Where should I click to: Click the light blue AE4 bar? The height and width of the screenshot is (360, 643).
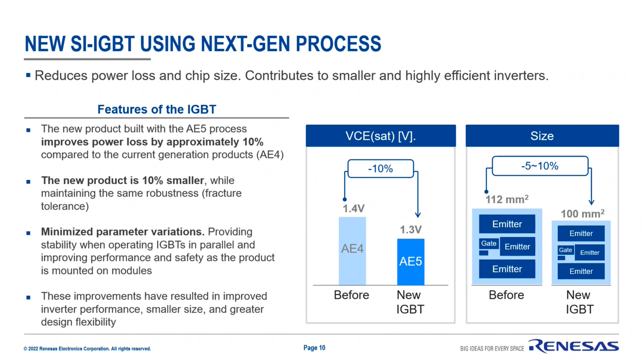pos(352,251)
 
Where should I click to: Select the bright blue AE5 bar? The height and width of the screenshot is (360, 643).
pos(411,262)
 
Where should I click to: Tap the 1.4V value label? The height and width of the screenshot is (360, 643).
pos(354,209)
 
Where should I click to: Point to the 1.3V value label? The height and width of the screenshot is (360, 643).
pos(411,230)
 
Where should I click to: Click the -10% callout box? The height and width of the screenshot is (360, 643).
pos(381,169)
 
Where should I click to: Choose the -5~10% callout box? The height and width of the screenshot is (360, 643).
pos(540,166)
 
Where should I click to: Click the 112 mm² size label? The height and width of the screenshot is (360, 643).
pos(507,199)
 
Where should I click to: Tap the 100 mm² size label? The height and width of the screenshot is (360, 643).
pos(583,213)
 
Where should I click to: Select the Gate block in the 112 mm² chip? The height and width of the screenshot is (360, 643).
pos(489,244)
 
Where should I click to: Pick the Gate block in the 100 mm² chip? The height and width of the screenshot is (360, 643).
pos(566,250)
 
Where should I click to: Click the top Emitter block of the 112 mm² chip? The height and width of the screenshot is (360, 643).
pos(507,224)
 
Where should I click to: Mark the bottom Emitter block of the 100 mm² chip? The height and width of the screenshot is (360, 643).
pos(581,271)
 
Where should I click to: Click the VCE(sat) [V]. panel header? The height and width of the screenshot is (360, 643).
pos(381,136)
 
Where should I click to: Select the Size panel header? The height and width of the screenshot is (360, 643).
pos(542,136)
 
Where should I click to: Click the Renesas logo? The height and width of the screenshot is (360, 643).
pos(574,346)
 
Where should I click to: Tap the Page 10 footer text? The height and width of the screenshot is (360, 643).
pos(315,348)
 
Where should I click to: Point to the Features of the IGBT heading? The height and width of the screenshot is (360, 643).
pos(157,109)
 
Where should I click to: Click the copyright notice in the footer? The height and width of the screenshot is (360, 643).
pos(87,349)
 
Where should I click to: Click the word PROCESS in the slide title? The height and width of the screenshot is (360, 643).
pos(338,44)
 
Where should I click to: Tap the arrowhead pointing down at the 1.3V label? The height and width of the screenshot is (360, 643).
pos(418,215)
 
